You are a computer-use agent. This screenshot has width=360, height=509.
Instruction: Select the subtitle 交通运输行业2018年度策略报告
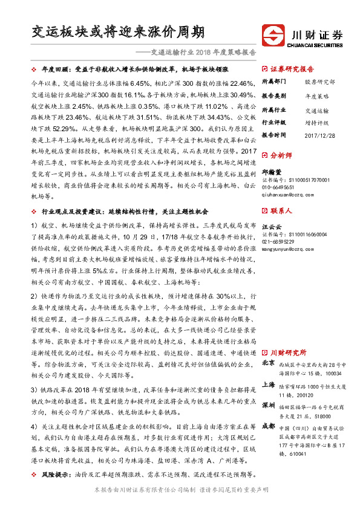(x=203, y=52)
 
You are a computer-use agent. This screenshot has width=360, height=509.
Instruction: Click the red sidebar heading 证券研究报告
(x=292, y=68)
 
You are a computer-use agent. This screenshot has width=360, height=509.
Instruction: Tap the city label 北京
(x=269, y=364)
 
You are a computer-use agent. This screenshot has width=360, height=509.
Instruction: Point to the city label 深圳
(x=269, y=404)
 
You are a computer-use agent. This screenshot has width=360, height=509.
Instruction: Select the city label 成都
(x=269, y=426)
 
